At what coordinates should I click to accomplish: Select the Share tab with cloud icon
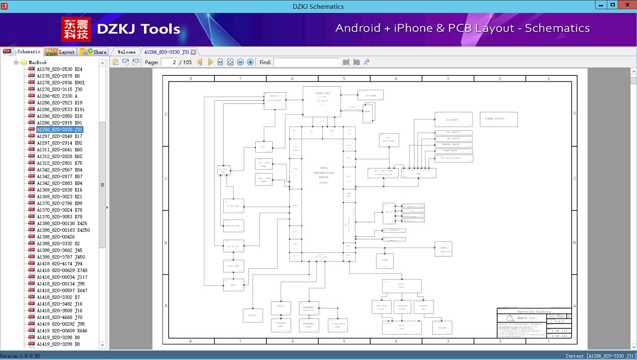93,52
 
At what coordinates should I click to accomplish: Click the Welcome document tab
126,52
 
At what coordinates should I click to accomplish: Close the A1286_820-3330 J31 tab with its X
193,52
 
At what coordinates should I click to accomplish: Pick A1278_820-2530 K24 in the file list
59,69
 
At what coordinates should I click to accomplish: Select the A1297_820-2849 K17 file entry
59,136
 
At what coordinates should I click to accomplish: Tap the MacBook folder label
37,62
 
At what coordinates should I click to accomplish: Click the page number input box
169,62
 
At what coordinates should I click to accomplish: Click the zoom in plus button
250,62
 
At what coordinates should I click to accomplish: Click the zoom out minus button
240,62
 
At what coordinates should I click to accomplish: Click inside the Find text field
307,62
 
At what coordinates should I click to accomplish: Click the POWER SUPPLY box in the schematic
498,119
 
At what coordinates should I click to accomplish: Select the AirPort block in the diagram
253,315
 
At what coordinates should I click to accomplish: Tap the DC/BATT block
453,119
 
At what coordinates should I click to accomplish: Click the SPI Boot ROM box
389,140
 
